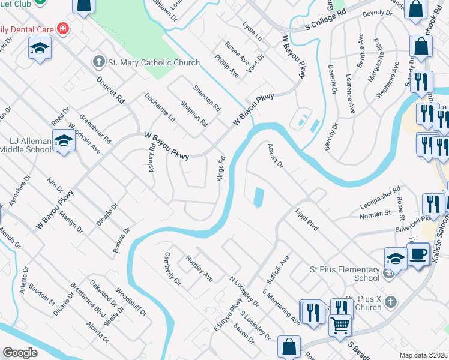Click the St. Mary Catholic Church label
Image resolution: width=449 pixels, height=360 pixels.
[x=146, y=62]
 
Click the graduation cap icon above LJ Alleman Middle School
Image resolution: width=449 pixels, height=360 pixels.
[x=63, y=141]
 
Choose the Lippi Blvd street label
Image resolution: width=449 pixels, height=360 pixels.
[x=306, y=221]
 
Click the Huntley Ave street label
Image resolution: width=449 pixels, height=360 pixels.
[x=200, y=269]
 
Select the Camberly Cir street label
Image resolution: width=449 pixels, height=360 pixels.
[x=169, y=268]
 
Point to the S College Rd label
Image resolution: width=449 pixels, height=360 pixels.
[x=326, y=20]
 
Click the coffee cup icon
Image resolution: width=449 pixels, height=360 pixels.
[x=418, y=254]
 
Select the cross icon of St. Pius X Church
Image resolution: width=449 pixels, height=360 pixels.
[x=390, y=301]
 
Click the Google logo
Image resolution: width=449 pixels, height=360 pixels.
[x=20, y=353]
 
